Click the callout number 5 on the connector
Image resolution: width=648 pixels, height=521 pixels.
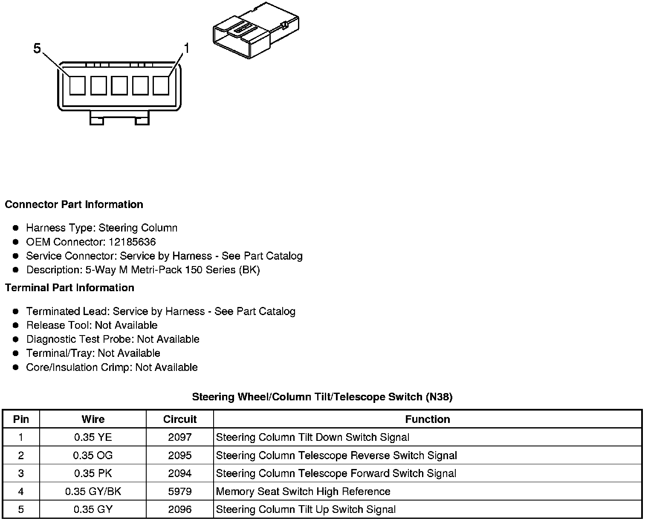coord(37,49)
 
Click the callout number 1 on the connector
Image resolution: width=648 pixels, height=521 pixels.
coord(186,48)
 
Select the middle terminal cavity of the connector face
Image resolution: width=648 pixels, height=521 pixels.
coord(119,85)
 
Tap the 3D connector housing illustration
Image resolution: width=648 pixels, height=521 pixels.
coord(255,32)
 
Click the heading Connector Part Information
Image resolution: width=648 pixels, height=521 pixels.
coord(74,205)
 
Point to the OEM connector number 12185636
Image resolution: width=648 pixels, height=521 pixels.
coord(132,242)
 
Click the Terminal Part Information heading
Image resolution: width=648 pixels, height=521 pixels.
coord(69,288)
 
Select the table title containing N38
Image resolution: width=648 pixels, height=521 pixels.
coord(322,397)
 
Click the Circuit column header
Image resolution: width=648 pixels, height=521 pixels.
coord(179,419)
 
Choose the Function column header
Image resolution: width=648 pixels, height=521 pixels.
coord(427,419)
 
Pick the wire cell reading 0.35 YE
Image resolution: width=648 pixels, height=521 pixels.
coord(93,437)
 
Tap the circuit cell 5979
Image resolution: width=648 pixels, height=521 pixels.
coord(179,492)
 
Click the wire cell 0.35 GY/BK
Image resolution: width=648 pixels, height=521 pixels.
coord(93,492)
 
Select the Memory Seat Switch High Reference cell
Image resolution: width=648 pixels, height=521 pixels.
coord(303,492)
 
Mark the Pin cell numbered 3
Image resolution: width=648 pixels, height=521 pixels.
coord(21,473)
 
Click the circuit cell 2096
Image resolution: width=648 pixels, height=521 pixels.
coord(179,509)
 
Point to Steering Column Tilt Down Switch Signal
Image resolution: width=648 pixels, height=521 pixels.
coord(312,437)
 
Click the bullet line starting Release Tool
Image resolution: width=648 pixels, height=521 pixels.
coord(92,325)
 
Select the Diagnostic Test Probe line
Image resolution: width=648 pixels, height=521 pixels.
coord(113,339)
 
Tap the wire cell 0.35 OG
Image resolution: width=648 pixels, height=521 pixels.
coord(93,455)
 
